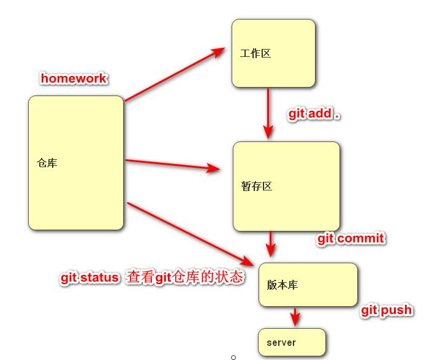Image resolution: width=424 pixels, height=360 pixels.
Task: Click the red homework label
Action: coord(74,78)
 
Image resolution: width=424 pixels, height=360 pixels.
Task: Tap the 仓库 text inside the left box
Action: coord(47,163)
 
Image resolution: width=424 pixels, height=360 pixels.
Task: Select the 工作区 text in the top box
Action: coord(256,53)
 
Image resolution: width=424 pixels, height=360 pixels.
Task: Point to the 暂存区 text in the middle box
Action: coord(256,186)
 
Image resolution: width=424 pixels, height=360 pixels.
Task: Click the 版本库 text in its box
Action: coord(282,285)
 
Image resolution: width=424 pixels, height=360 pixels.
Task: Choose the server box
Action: coord(292,342)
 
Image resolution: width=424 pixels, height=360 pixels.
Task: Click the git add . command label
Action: coord(314,114)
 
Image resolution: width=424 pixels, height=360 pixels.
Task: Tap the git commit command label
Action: coord(351,239)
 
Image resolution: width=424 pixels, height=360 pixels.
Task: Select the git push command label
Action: coord(387,310)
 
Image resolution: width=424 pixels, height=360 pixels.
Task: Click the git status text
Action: coord(89,277)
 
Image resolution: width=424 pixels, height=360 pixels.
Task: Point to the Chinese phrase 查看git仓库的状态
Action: coord(185,277)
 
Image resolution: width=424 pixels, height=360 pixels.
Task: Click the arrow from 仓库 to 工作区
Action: coord(175,75)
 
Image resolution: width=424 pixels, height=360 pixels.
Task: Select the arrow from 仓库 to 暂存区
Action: coord(173,165)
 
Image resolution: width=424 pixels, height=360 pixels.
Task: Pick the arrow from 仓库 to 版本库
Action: coord(191,234)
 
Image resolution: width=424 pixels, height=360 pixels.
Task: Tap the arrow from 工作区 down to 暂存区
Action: coord(268,113)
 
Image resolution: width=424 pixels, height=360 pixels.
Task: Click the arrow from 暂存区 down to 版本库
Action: coord(270,244)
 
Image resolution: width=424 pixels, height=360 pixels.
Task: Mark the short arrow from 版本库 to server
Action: coord(295,317)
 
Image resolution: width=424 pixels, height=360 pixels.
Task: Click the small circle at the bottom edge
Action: coord(233,358)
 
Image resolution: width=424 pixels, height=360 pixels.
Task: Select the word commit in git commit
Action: coord(361,239)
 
